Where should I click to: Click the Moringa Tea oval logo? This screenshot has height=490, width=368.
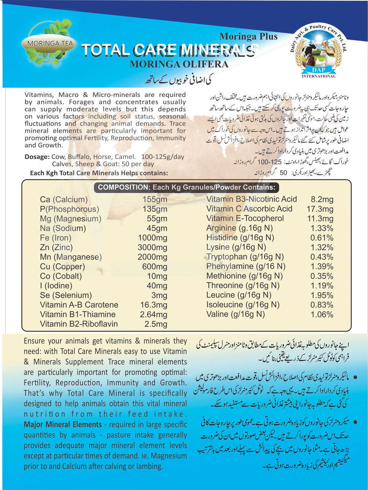pyautogui.click(x=50, y=44)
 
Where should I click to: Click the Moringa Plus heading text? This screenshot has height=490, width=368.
pyautogui.click(x=248, y=36)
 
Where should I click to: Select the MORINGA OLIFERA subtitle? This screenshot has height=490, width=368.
pyautogui.click(x=179, y=64)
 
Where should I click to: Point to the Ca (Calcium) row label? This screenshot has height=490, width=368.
pyautogui.click(x=64, y=200)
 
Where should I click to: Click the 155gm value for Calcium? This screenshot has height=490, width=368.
pyautogui.click(x=155, y=200)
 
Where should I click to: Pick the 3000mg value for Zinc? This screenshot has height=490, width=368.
pyautogui.click(x=152, y=247)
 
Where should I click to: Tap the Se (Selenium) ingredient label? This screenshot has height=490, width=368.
pyautogui.click(x=66, y=295)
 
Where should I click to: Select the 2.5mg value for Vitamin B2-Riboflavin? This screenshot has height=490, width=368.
pyautogui.click(x=156, y=324)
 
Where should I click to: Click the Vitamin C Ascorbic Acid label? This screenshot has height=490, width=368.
pyautogui.click(x=249, y=209)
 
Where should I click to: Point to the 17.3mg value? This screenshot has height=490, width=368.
pyautogui.click(x=320, y=209)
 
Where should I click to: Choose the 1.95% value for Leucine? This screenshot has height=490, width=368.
pyautogui.click(x=322, y=295)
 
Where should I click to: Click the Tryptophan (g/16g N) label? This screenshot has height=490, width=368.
pyautogui.click(x=245, y=257)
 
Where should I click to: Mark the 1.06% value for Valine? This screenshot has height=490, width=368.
pyautogui.click(x=322, y=314)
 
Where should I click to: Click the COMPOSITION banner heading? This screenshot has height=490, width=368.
pyautogui.click(x=187, y=187)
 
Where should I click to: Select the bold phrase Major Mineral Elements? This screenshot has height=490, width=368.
pyautogui.click(x=63, y=424)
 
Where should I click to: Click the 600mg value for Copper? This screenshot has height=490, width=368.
pyautogui.click(x=155, y=267)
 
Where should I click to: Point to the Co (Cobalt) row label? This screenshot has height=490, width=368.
pyautogui.click(x=61, y=276)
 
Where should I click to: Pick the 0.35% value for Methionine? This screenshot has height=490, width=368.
pyautogui.click(x=322, y=276)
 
